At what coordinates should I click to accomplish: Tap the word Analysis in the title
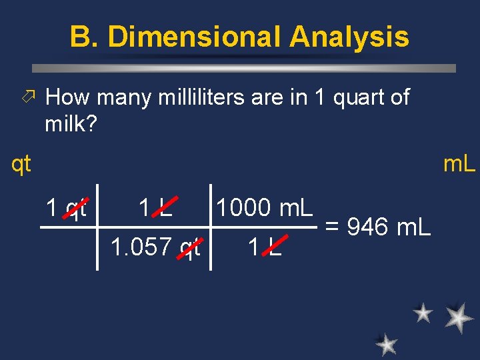350,37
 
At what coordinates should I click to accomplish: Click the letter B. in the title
84,37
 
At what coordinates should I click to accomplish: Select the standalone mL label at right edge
459,163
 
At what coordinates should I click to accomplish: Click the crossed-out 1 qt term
67,209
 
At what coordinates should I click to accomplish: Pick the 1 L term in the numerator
155,209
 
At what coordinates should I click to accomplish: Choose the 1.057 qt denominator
155,248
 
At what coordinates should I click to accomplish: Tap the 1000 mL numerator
264,209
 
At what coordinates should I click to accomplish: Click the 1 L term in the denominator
264,248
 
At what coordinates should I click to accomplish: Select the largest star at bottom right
459,317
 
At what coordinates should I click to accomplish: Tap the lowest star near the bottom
386,344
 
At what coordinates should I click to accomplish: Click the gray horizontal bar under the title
244,68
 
